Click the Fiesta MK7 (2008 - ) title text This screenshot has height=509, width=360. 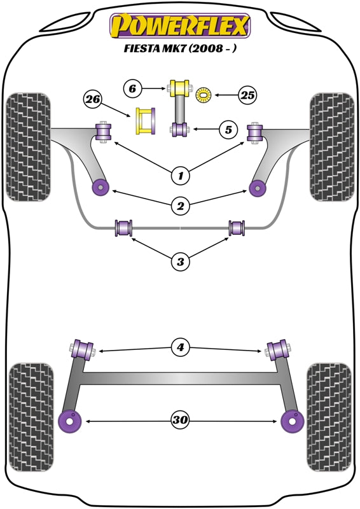[x=180, y=48]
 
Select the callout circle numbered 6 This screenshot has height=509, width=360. [x=132, y=90]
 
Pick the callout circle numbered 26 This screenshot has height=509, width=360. [x=93, y=99]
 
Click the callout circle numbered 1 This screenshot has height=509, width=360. [x=180, y=173]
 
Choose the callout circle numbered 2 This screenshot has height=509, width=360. [x=180, y=205]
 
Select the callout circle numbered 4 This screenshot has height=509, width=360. [x=180, y=347]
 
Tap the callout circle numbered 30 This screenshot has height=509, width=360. [x=180, y=420]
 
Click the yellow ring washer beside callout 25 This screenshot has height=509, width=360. [x=205, y=96]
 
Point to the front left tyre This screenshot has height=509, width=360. [x=28, y=146]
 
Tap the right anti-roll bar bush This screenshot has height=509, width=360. [x=237, y=227]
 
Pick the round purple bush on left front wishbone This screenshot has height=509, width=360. [x=100, y=186]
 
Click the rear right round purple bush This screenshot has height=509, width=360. [x=293, y=421]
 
